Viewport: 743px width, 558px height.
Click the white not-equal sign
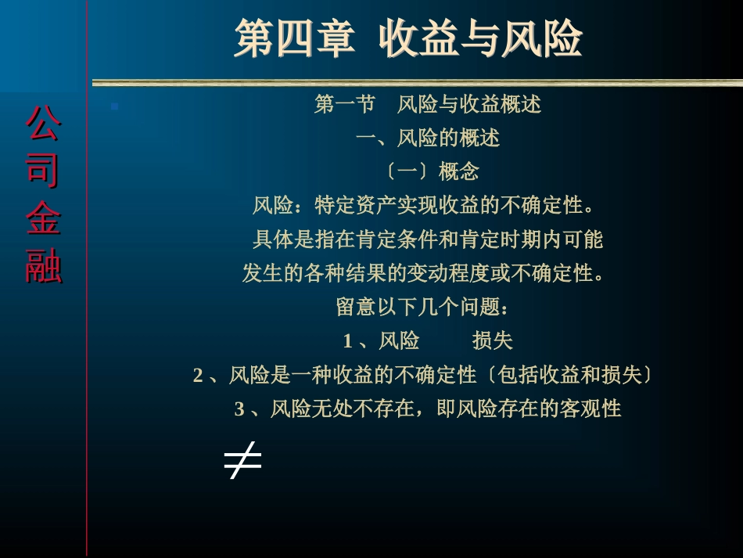pos(242,460)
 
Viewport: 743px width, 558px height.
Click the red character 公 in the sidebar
pos(43,124)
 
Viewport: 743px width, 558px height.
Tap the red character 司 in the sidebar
pos(43,170)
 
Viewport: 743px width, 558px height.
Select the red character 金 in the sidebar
pos(43,218)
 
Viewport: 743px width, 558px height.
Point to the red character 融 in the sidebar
pos(43,265)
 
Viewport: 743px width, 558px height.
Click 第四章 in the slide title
pos(295,38)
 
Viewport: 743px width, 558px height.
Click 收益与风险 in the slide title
pos(480,38)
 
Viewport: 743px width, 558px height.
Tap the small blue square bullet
pos(114,106)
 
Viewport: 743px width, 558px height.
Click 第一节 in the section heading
pos(344,104)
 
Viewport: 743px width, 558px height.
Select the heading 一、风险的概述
pos(428,138)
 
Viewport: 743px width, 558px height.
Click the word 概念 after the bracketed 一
pos(458,171)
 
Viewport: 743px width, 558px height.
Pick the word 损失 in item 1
pos(492,341)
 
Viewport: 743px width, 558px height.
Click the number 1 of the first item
pos(347,341)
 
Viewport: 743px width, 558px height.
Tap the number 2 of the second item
pos(198,376)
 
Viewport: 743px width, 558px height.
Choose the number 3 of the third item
pos(239,409)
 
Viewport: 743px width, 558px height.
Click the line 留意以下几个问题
pos(422,307)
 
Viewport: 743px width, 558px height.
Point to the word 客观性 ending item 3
pos(590,409)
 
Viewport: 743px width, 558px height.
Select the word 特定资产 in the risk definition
pos(355,205)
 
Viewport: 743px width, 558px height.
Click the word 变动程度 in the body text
pos(448,273)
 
